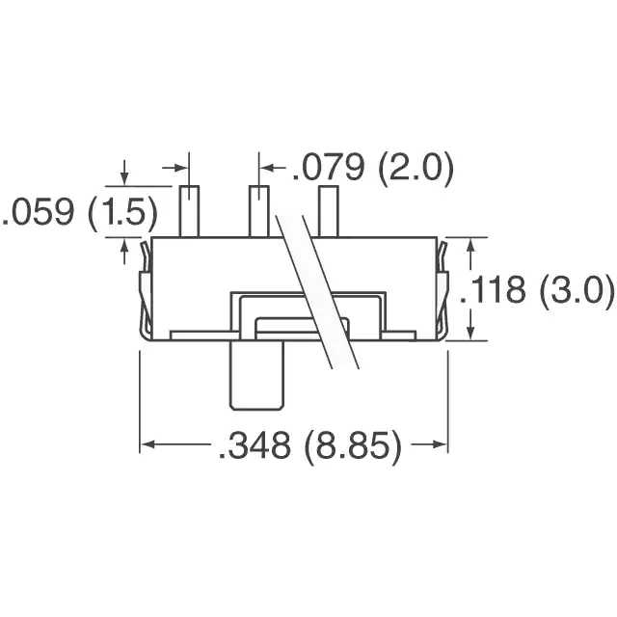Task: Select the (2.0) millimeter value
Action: coord(415,170)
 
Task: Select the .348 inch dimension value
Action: coord(253,446)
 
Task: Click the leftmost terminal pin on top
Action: coord(189,210)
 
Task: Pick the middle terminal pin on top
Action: coord(259,210)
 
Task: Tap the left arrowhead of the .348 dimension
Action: coord(148,444)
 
